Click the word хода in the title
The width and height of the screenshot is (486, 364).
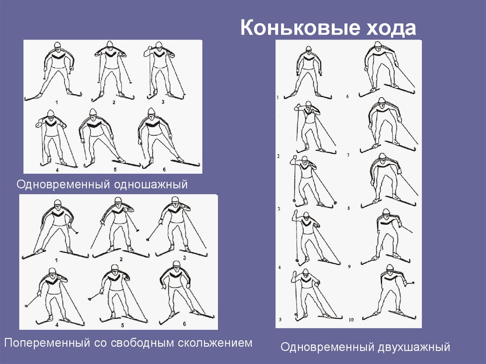391,28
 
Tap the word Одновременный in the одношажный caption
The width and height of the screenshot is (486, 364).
63,185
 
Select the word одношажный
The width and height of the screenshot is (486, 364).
150,185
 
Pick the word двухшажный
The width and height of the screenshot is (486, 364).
413,347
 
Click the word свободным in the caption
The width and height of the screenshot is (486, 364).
142,343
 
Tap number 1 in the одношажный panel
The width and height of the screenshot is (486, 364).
56,102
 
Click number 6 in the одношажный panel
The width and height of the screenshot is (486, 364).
164,169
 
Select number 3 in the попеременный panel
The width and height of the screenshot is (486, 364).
185,258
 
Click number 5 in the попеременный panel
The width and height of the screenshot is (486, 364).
122,325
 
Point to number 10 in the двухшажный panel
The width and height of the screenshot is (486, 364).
351,320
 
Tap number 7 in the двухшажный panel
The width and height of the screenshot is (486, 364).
348,155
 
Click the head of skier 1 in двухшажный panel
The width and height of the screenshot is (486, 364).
308,50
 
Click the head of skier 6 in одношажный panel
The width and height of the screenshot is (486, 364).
151,112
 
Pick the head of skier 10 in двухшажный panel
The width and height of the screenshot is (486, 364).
390,268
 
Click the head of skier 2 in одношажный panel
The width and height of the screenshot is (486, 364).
110,45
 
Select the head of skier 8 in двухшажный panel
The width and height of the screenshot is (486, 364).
383,158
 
